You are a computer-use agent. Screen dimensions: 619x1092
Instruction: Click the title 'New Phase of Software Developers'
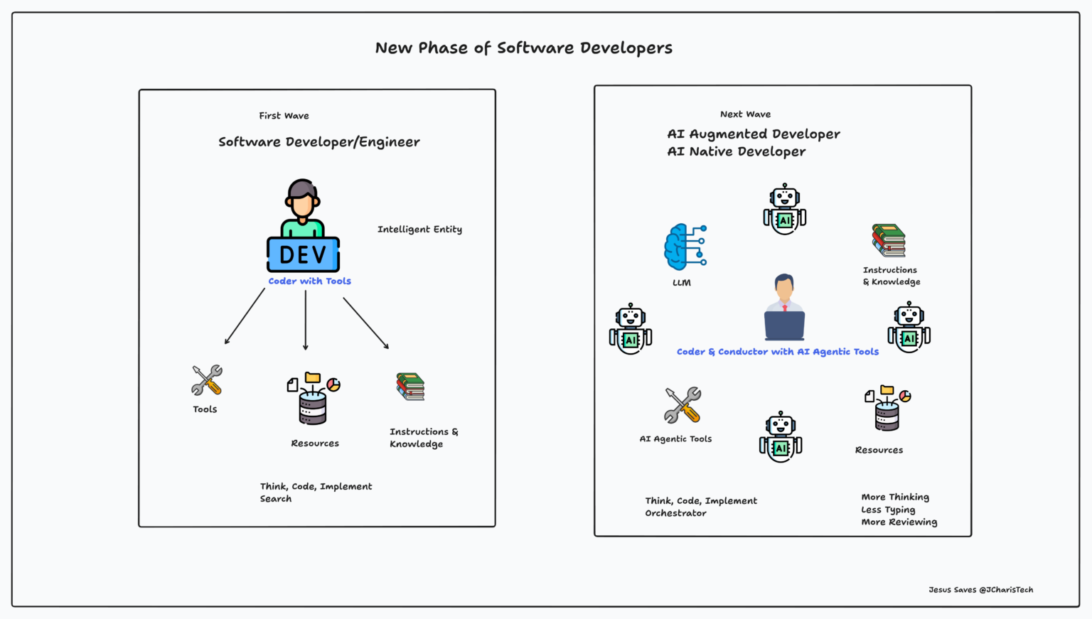(x=523, y=48)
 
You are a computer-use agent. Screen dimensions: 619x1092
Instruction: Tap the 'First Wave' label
(x=284, y=116)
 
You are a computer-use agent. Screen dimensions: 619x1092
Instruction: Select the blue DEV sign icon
(x=303, y=254)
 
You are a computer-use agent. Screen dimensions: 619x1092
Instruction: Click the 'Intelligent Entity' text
(x=419, y=230)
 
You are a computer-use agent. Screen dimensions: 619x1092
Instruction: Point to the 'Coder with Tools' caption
(x=309, y=281)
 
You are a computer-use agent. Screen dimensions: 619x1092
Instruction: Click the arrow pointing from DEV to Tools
(x=245, y=316)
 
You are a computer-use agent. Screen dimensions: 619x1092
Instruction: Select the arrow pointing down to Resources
(x=306, y=320)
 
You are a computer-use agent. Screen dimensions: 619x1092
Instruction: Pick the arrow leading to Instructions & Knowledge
(x=366, y=323)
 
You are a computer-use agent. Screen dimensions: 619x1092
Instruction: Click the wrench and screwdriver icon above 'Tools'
(x=207, y=380)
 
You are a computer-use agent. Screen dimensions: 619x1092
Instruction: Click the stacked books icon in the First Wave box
(x=410, y=387)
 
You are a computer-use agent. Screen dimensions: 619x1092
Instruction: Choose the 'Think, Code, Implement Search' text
(x=316, y=492)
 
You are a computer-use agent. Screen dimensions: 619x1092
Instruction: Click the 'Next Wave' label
(x=745, y=114)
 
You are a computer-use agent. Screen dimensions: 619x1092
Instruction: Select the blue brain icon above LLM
(x=685, y=247)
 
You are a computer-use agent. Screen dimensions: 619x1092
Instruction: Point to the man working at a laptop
(x=784, y=307)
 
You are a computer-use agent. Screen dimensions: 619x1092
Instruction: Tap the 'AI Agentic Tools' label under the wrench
(x=675, y=439)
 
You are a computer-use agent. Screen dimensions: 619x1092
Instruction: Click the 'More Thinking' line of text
(x=895, y=497)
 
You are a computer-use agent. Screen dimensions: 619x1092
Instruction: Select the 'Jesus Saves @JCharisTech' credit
(x=980, y=590)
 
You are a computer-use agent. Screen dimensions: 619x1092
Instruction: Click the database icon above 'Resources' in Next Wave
(x=887, y=409)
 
